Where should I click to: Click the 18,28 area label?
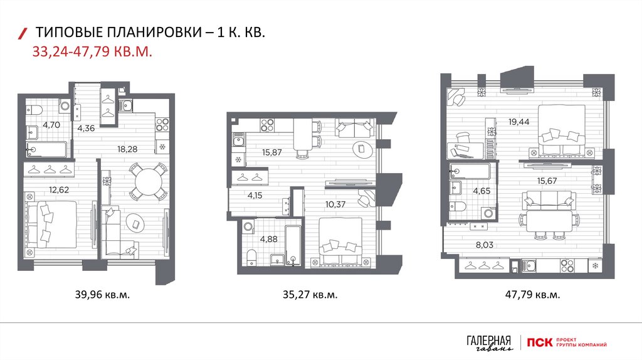[127, 149]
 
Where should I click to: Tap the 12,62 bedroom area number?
[59, 189]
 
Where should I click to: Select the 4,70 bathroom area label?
[51, 125]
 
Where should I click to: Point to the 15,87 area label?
[272, 152]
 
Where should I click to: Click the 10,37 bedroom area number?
[335, 204]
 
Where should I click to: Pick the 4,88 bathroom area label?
[268, 239]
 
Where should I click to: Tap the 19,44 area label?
[518, 122]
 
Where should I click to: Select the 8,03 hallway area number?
[485, 245]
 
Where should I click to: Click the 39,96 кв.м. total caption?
[102, 294]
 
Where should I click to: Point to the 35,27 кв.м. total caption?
[310, 294]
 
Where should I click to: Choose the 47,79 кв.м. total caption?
[532, 294]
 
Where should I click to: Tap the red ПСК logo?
[540, 342]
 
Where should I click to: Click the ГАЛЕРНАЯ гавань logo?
[489, 343]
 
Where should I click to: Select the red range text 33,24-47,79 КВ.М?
[92, 52]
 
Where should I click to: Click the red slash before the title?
[23, 34]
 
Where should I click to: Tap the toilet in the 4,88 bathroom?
[251, 257]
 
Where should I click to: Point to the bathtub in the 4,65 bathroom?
[470, 171]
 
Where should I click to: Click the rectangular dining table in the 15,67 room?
[549, 221]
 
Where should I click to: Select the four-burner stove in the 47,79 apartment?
[567, 266]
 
